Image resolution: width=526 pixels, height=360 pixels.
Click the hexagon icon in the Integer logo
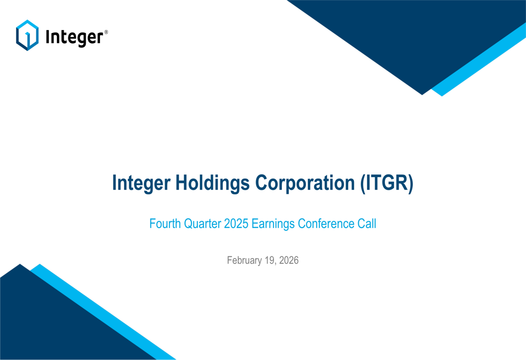point(27,35)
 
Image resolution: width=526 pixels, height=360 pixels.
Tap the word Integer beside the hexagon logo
point(74,37)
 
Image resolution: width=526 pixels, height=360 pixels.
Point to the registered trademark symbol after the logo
point(106,32)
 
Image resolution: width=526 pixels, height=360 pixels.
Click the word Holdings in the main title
point(213,183)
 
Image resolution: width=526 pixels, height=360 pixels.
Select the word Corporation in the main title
point(305,183)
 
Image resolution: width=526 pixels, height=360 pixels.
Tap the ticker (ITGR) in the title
point(387,183)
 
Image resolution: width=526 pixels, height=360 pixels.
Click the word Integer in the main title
point(141,183)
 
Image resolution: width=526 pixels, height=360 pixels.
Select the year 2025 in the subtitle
point(236,223)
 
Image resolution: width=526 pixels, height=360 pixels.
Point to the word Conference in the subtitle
point(326,223)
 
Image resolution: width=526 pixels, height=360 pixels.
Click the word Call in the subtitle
point(367,223)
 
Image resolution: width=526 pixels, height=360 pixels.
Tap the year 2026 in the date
point(289,260)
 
